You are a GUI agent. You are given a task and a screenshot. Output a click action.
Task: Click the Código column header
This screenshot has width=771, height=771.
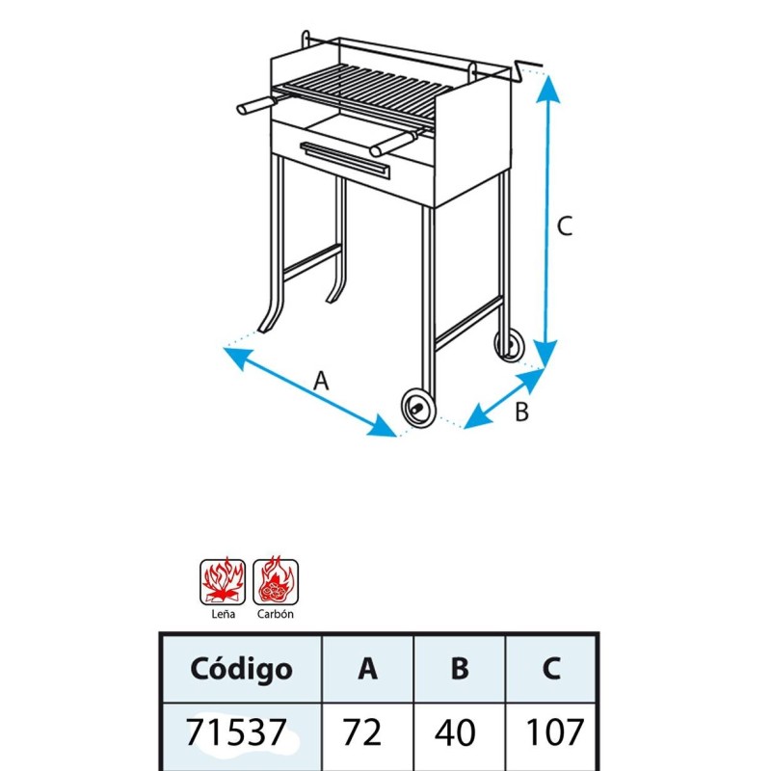click(242, 669)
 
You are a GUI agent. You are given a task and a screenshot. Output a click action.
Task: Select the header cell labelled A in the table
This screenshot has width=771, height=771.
click(368, 669)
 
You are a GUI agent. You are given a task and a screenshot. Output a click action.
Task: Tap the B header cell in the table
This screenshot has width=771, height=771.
click(460, 669)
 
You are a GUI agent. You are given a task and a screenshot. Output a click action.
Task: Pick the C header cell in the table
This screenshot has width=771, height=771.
click(550, 669)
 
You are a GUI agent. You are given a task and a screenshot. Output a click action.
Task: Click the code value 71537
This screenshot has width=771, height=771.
click(236, 732)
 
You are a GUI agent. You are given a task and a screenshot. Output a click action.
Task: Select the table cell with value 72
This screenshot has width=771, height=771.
click(362, 732)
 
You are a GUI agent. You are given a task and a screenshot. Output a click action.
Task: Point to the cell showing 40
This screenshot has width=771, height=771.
click(455, 732)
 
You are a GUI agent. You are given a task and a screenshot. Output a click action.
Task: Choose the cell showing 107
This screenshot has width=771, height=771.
click(555, 732)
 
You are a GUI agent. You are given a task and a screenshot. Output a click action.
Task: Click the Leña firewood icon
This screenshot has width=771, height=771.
click(223, 582)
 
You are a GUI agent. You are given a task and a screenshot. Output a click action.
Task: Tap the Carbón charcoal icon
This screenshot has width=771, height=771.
click(276, 582)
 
